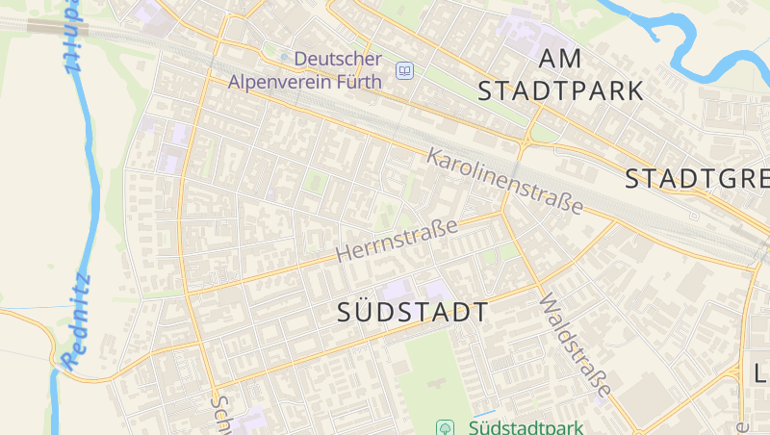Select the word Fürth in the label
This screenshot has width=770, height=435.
point(359,82)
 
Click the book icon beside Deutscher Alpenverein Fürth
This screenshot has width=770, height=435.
point(405,70)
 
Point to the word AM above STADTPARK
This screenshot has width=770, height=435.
point(560,59)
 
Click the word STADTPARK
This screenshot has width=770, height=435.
point(560,91)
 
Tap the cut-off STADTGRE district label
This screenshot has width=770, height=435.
point(697,179)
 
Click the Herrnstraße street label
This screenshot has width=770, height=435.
point(398,241)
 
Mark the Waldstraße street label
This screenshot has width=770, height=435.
point(575,345)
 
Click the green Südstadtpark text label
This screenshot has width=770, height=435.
point(525,426)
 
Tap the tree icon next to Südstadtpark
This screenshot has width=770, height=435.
point(446,426)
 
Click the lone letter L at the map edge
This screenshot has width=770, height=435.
point(759,372)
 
